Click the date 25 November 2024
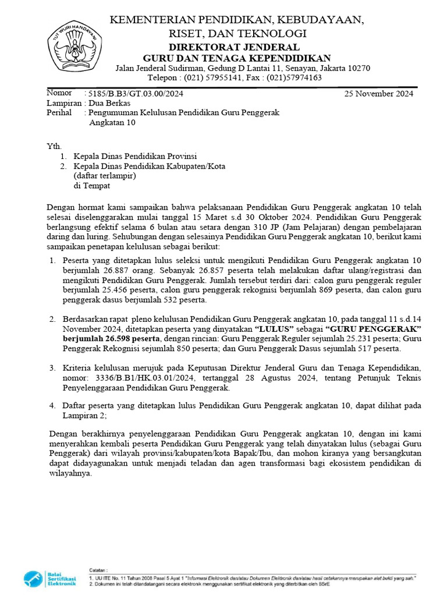point(379,94)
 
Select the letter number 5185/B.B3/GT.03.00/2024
point(137,94)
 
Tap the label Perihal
point(59,113)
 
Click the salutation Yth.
point(53,146)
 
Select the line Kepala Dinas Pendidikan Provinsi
point(135,157)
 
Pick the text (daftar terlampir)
point(105,176)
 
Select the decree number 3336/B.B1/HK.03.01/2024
point(159,378)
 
